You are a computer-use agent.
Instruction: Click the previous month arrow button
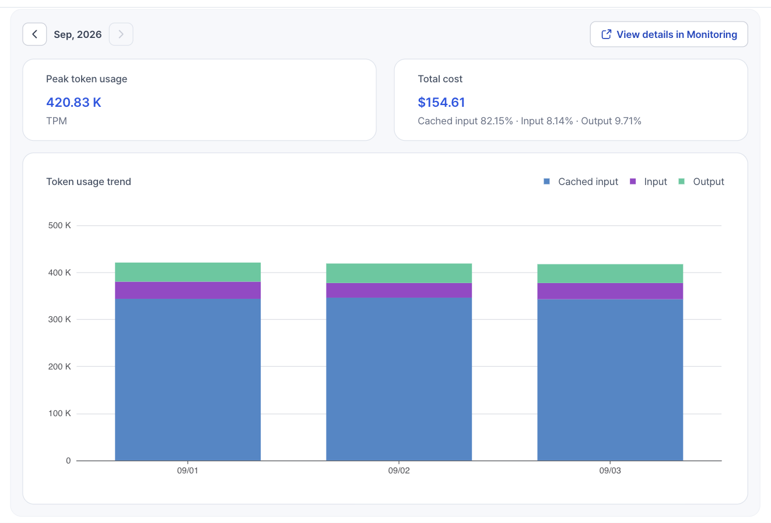[x=34, y=34]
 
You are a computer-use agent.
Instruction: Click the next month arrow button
[x=121, y=34]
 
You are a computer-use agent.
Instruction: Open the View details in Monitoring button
[x=669, y=34]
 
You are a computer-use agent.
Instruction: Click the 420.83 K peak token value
[x=73, y=102]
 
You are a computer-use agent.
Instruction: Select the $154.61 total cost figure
[x=441, y=102]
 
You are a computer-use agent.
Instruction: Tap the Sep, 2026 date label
[x=78, y=34]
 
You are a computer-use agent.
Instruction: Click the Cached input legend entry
[x=581, y=182]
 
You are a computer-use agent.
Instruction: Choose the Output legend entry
[x=701, y=182]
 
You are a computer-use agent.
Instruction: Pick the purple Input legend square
[x=633, y=181]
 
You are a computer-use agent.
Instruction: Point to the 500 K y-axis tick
[x=59, y=225]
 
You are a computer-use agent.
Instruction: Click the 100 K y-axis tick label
[x=59, y=413]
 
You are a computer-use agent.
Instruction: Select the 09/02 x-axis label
[x=399, y=470]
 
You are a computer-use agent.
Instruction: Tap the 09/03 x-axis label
[x=610, y=470]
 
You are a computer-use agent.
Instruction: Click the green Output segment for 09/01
[x=188, y=272]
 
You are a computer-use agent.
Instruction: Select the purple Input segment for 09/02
[x=399, y=290]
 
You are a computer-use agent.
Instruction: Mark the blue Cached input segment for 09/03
[x=610, y=379]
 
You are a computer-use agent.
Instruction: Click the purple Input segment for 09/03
[x=610, y=291]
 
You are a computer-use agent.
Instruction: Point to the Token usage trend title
[x=89, y=182]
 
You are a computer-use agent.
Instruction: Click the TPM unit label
[x=57, y=121]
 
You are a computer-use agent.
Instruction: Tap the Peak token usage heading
[x=86, y=79]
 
